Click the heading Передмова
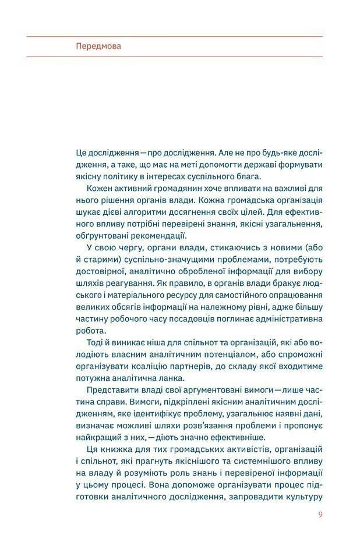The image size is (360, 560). point(98,47)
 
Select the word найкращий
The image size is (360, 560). point(99,437)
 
